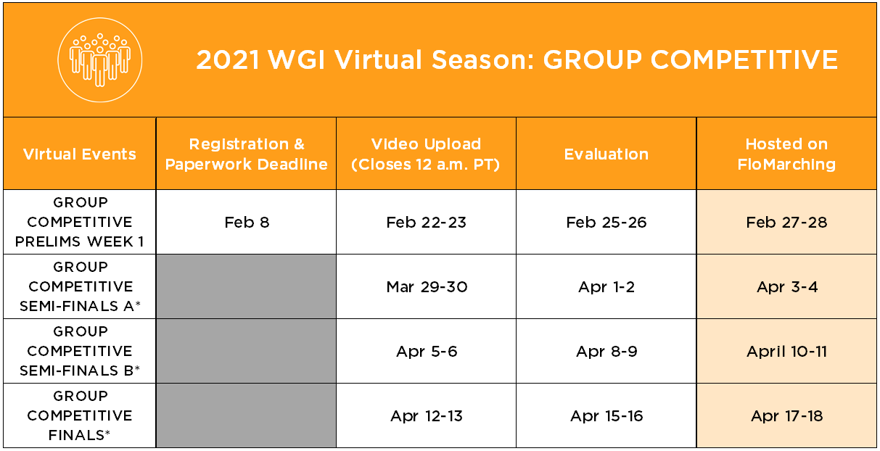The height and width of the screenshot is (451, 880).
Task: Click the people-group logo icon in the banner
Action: pos(100,60)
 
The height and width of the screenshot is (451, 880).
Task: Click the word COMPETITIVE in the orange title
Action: pos(744,60)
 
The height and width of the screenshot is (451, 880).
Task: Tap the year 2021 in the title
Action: pos(228,60)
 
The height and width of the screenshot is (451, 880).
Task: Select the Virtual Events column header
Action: pos(79,154)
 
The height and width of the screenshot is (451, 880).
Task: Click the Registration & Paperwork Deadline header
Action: pos(247,154)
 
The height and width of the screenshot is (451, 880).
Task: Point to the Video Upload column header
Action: pos(426,154)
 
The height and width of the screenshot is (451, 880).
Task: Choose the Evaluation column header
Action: pos(606,154)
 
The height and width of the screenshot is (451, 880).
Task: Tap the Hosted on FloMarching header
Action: pos(786,154)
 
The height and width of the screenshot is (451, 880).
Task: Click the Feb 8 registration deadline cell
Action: pos(247,222)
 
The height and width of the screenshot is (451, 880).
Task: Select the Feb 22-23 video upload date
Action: pos(427,222)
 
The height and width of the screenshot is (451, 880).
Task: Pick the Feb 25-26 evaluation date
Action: pos(606,222)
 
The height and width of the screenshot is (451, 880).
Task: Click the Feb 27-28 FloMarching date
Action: pos(786,222)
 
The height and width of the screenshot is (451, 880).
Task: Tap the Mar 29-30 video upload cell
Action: pos(427,287)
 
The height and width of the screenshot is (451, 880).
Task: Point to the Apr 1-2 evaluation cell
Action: pos(606,287)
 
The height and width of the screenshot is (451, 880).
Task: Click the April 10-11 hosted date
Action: pos(786,351)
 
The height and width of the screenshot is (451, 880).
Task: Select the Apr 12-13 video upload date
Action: pos(427,415)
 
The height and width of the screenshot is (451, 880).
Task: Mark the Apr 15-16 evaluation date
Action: pos(606,415)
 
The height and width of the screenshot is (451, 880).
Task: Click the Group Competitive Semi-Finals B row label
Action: pos(80,351)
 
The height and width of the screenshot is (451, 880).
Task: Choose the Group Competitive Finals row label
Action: pos(80,415)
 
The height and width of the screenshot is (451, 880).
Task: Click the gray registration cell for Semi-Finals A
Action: pos(247,286)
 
